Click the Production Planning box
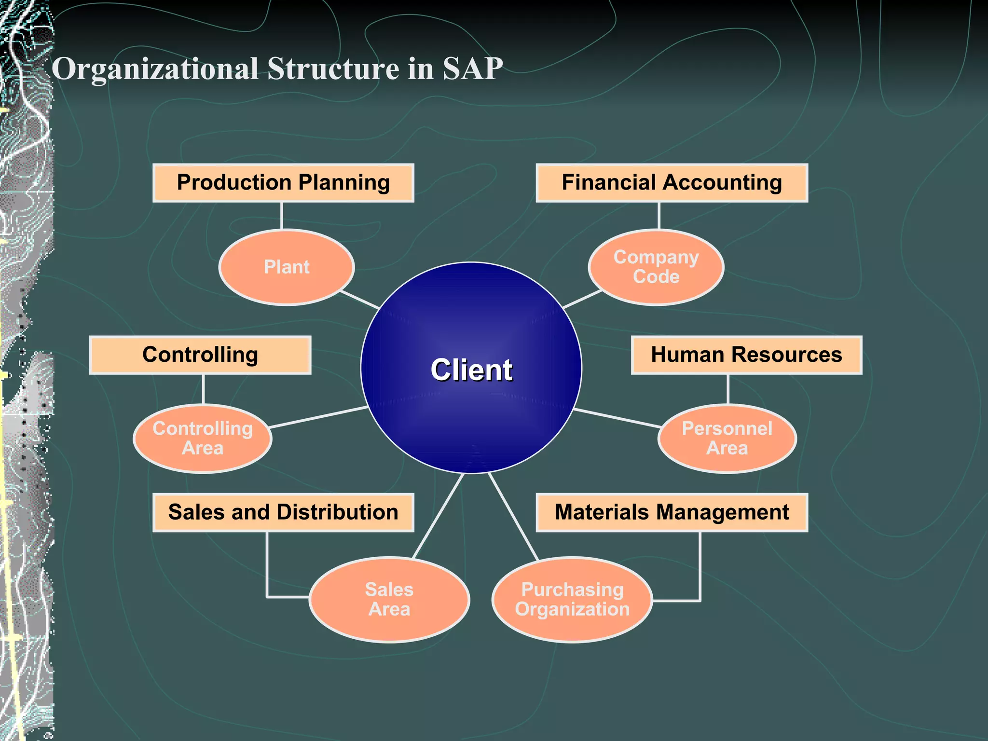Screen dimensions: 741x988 [283, 183]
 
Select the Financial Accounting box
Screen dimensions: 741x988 [672, 183]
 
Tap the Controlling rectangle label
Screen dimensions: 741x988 [200, 355]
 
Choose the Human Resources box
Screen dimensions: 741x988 [746, 355]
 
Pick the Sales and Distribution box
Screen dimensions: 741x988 [283, 512]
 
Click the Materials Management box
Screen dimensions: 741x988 [672, 512]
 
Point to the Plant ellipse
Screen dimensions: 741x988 [287, 267]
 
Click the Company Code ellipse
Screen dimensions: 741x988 [656, 267]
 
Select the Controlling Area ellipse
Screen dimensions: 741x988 [203, 438]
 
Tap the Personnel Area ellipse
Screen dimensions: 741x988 [727, 438]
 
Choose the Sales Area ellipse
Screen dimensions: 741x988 [389, 599]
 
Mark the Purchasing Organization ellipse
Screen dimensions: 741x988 [572, 599]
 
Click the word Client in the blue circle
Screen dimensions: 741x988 [471, 370]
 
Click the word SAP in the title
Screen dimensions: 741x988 [473, 69]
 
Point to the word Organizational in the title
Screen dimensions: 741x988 [155, 69]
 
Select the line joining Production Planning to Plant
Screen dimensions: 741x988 [282, 216]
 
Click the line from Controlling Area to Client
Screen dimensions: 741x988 [318, 417]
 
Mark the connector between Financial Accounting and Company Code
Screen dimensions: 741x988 [659, 216]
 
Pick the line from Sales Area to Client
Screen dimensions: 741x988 [438, 515]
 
